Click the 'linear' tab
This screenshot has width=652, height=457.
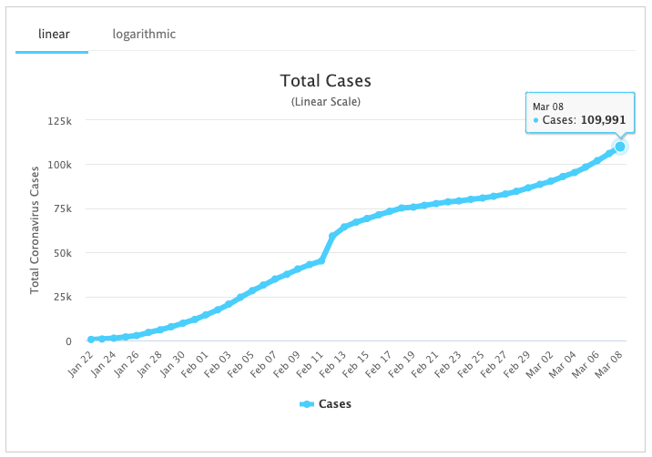click(x=52, y=35)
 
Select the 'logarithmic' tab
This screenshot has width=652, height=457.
click(x=144, y=35)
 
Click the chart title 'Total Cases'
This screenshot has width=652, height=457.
click(x=325, y=82)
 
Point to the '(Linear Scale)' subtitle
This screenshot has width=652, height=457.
click(x=325, y=101)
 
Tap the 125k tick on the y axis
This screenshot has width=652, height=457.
click(x=60, y=120)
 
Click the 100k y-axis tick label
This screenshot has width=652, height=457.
click(x=60, y=165)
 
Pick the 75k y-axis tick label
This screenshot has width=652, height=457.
click(x=63, y=208)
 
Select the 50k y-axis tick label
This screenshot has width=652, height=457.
click(x=63, y=253)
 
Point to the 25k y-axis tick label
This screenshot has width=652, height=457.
click(x=63, y=297)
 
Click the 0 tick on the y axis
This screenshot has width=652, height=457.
click(x=68, y=341)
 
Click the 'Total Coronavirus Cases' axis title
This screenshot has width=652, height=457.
click(x=36, y=228)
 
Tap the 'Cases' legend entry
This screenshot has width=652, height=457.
click(x=325, y=404)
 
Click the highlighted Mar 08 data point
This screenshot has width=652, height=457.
click(x=620, y=147)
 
